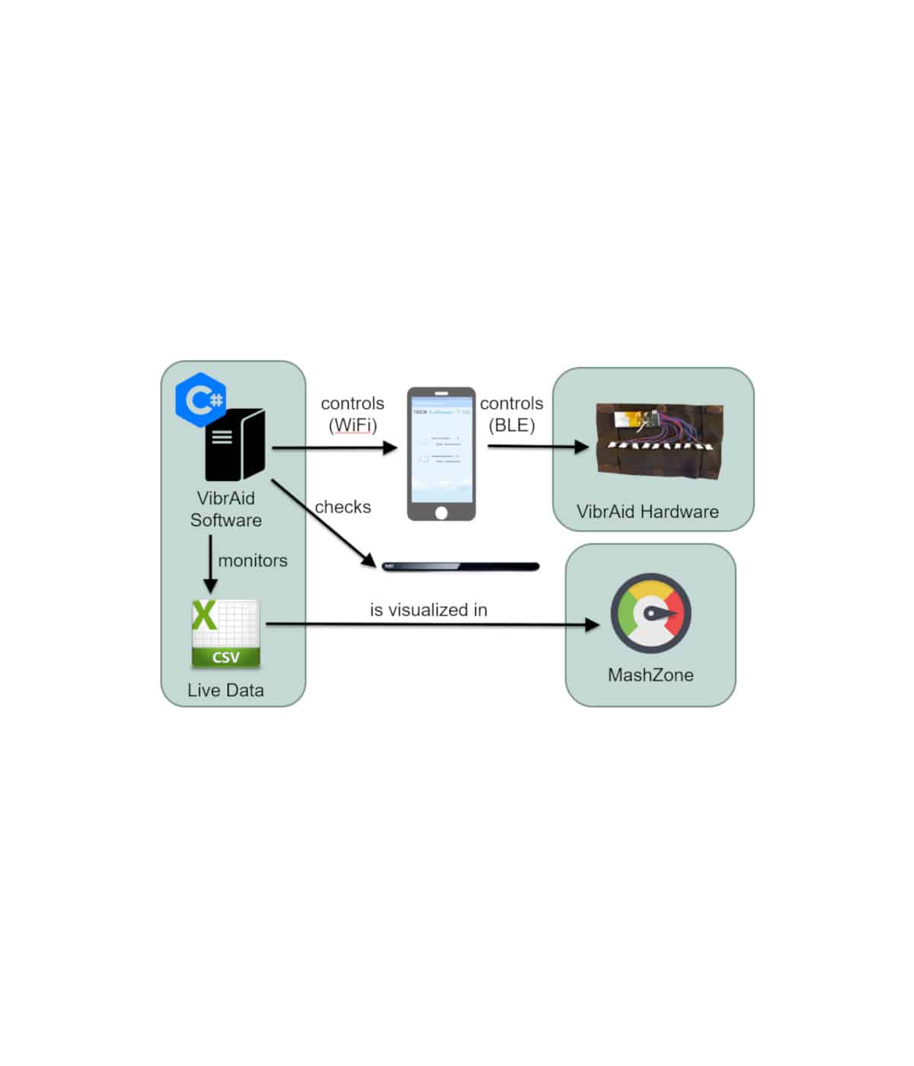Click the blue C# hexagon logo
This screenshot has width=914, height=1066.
pos(200,399)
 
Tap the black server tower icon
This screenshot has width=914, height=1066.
pos(235,445)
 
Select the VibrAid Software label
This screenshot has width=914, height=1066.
pos(226,509)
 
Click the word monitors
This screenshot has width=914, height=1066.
pos(253,560)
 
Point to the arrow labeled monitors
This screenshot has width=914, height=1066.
pos(211,564)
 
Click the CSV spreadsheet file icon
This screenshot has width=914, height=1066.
pos(225,634)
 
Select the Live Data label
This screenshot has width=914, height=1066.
pos(225,690)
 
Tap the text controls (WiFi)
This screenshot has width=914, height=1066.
pos(353,414)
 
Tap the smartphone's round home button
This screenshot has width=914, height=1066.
pos(441,512)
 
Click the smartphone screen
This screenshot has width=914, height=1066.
pos(441,448)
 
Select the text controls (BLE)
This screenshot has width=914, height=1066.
pos(512,414)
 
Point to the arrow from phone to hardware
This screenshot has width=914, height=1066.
pos(538,447)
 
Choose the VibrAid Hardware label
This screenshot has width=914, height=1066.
pos(647,512)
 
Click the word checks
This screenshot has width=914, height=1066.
pos(343,507)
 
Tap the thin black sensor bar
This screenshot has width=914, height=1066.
pos(461,567)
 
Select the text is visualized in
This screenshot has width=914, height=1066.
pos(428,610)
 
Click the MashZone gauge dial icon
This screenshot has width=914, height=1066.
pos(650,613)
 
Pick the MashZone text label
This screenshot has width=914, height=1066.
pos(650,675)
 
